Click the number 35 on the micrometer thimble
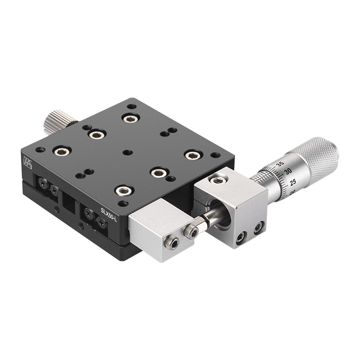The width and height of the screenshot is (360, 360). pos(280,164)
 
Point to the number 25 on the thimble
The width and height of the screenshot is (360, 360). pos(292,182)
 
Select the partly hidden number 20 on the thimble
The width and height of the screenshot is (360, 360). pos(293,192)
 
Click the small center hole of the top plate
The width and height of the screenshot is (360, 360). pos(128,152)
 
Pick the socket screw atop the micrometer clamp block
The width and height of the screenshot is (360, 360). pos(218,180)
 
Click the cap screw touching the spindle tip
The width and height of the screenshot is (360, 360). pos(191,232)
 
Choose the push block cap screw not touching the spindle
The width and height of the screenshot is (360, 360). pos(172,243)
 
